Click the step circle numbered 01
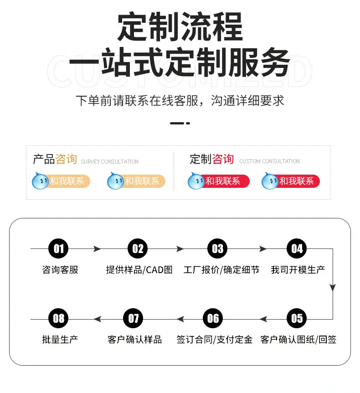tap(58, 248)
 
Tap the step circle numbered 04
tap(297, 248)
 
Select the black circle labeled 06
tap(213, 318)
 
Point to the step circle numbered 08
tap(58, 318)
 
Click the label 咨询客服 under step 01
tap(60, 270)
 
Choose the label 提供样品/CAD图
tap(139, 270)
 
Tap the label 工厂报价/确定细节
tap(221, 270)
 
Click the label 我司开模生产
tap(298, 270)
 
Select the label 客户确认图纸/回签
tap(298, 340)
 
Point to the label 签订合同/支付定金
tap(215, 340)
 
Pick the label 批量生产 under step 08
tap(60, 340)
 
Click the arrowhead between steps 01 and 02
tap(97, 248)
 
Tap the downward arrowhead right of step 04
tap(333, 288)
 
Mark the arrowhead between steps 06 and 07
tap(180, 319)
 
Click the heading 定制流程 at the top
tap(180, 26)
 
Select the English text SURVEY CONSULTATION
tap(109, 162)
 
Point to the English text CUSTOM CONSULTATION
tap(270, 161)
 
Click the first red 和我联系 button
tap(219, 181)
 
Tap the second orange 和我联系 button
tap(136, 181)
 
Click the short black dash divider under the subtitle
tap(180, 123)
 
